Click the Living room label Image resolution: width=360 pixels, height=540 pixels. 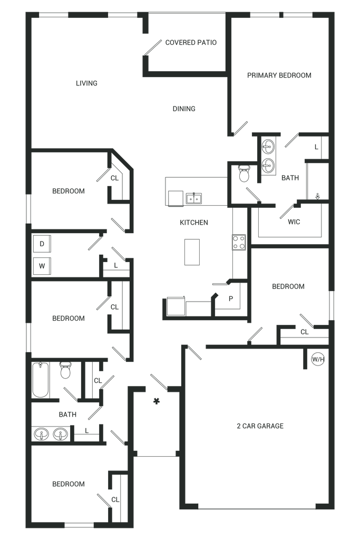point(87,83)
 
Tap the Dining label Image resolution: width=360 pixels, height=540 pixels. point(184,109)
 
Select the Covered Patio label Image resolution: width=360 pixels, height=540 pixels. point(191,43)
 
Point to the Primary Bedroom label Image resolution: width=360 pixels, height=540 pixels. point(279,75)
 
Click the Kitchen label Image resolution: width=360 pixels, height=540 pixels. point(193,223)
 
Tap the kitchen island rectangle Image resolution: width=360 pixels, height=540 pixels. point(191,252)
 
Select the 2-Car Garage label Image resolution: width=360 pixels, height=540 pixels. point(260,425)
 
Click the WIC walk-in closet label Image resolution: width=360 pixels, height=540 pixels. point(294,222)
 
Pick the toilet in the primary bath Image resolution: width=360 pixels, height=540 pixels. point(244,175)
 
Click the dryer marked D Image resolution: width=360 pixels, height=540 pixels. point(42,244)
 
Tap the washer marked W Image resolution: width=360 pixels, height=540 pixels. point(42,266)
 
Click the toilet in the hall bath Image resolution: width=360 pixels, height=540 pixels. point(65,372)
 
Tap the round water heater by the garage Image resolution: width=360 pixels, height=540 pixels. point(318,360)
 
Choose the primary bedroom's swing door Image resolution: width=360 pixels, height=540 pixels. point(240,128)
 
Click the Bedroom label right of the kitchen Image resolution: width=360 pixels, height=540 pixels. point(288,287)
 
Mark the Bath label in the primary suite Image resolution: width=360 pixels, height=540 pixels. point(290,179)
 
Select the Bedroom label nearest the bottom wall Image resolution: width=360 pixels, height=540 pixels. point(69,484)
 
